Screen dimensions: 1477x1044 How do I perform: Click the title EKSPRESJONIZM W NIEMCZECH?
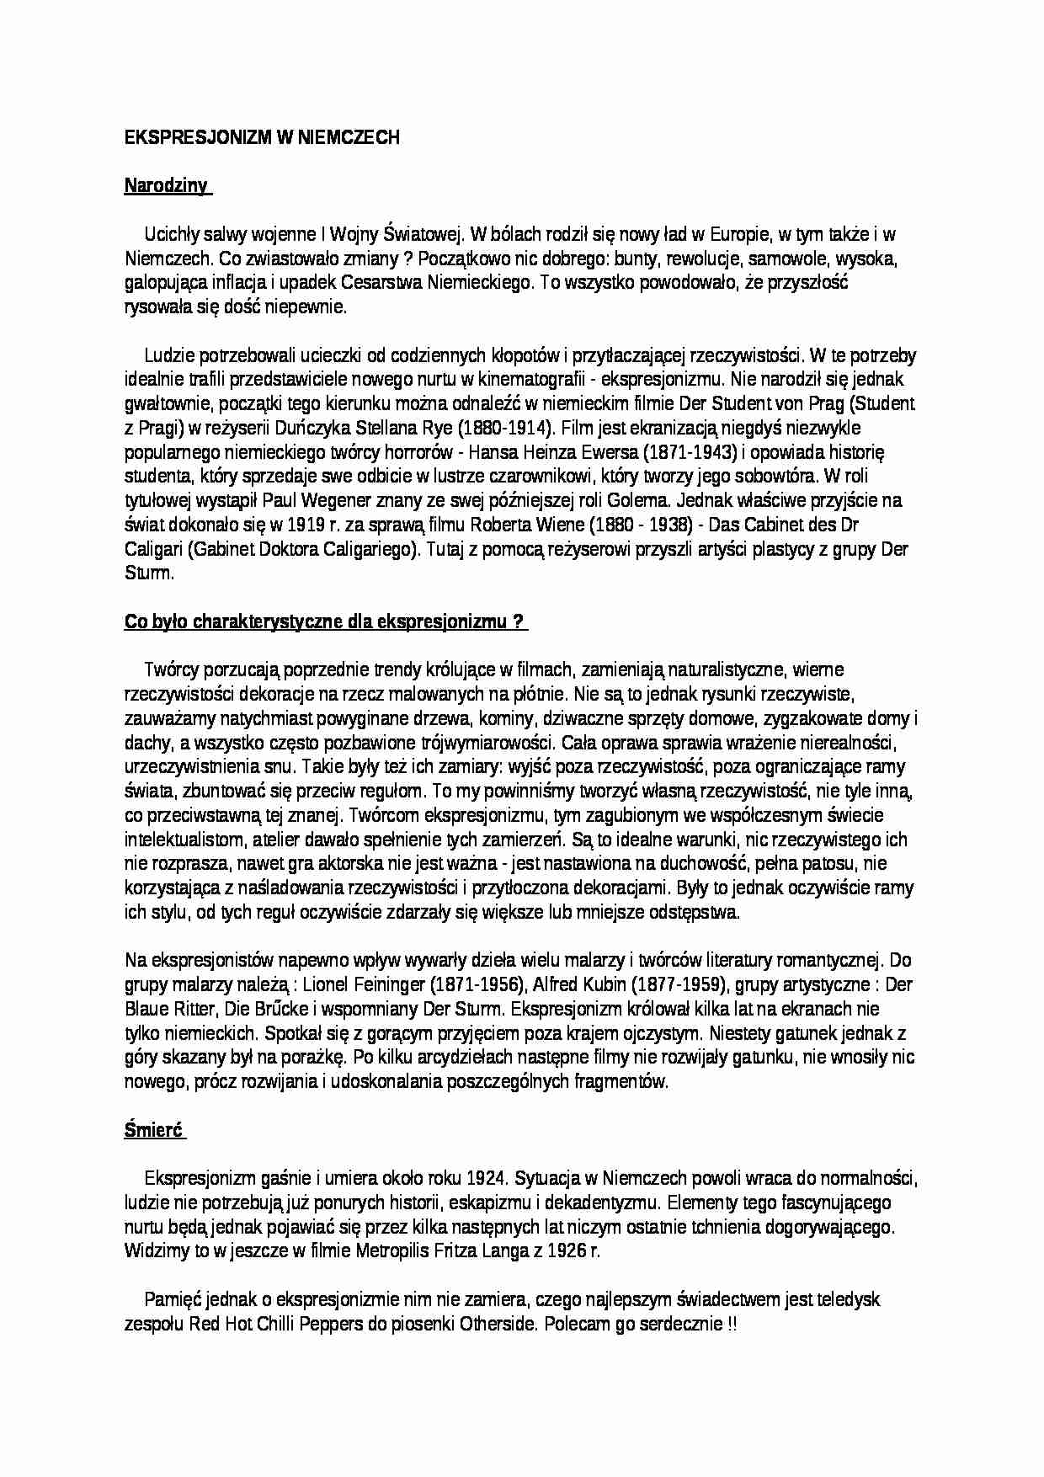[261, 138]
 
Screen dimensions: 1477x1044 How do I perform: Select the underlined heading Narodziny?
[166, 186]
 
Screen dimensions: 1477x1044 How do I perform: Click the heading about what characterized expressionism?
[325, 621]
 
